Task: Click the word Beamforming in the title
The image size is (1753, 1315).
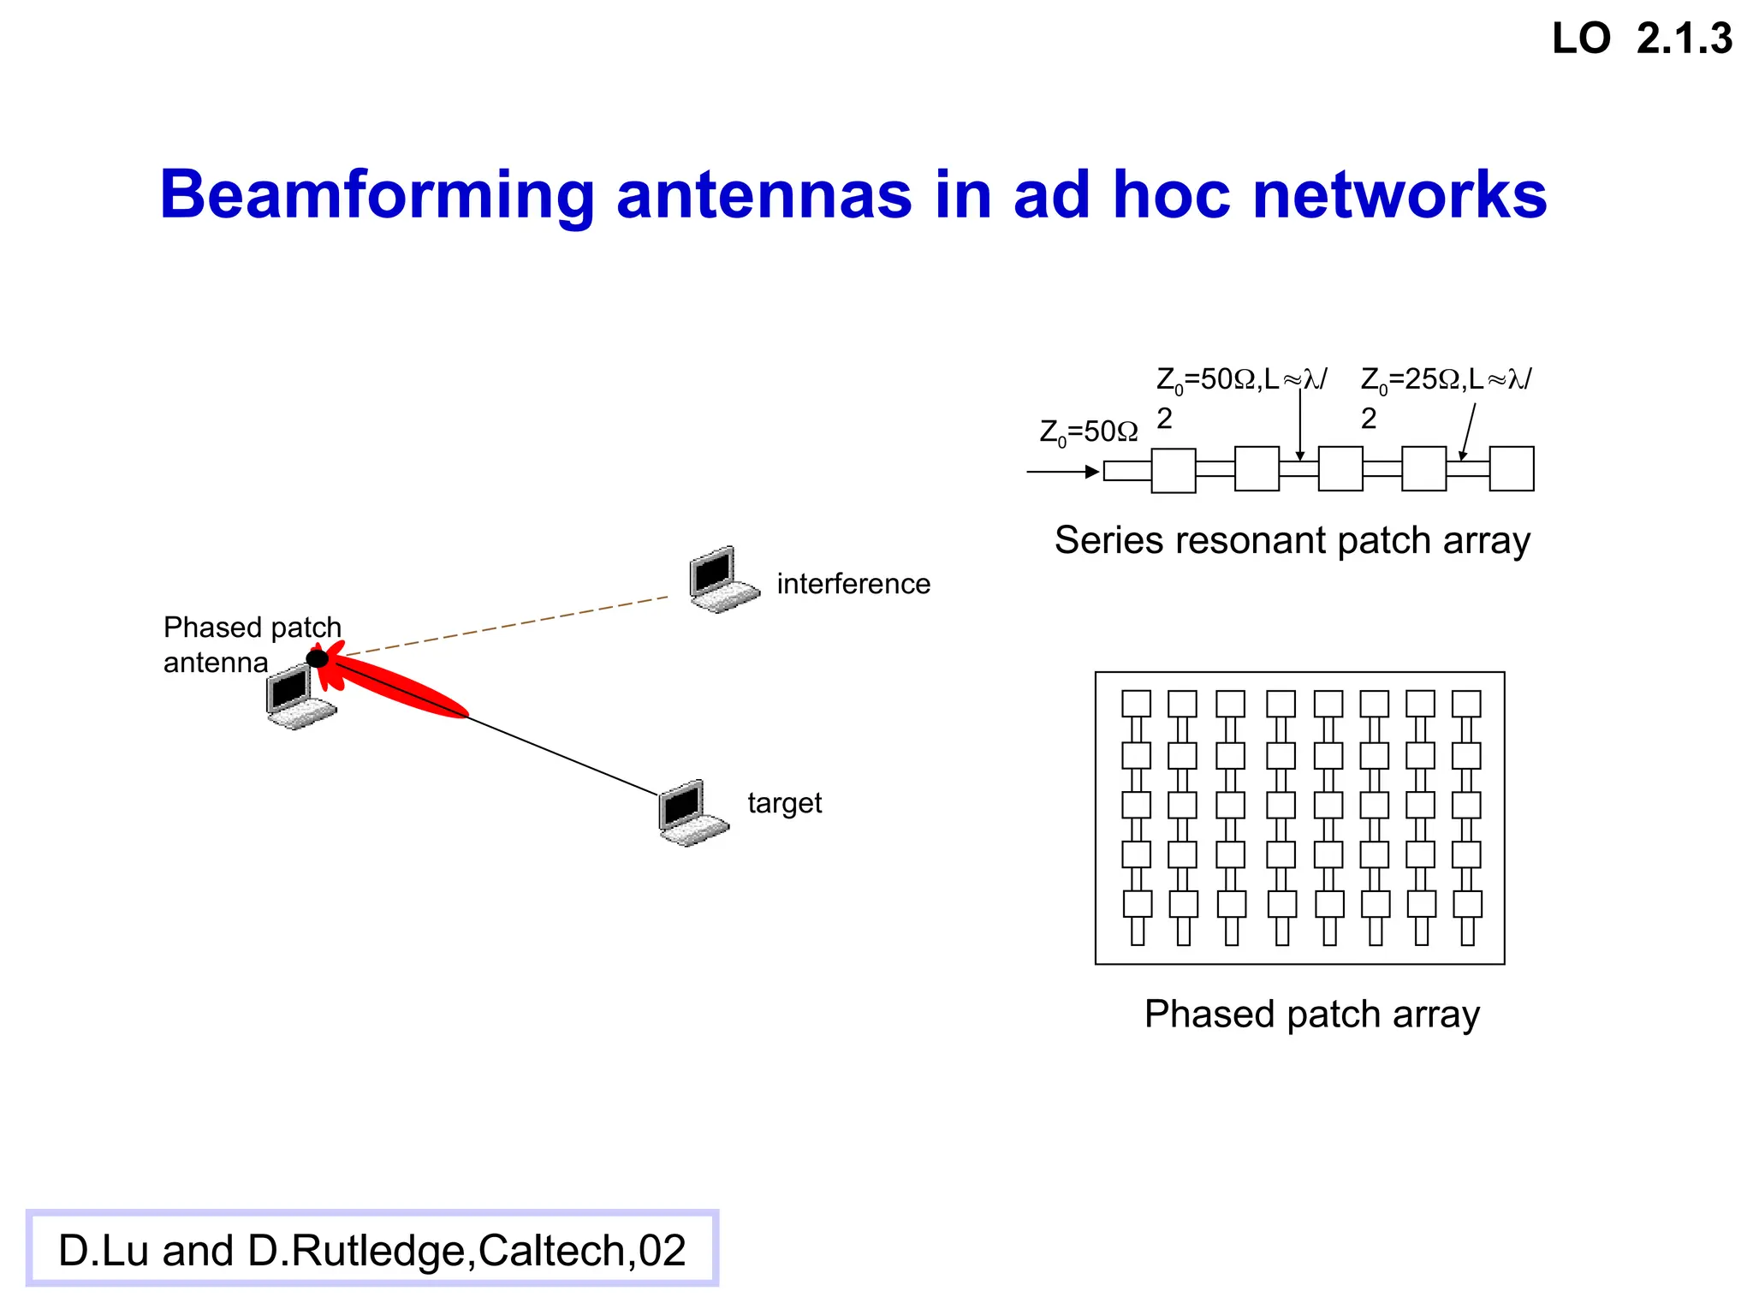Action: (x=377, y=195)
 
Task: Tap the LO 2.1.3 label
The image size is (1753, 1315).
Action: (x=1642, y=39)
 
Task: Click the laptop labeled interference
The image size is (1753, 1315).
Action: (x=722, y=579)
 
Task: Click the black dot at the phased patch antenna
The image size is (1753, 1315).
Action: (x=318, y=658)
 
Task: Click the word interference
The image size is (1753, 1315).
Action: (x=853, y=584)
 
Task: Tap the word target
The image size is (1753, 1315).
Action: (x=784, y=803)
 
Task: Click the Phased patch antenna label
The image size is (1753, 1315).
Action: (x=252, y=645)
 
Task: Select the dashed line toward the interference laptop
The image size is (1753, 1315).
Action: (x=505, y=627)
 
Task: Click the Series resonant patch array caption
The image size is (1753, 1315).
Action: (x=1292, y=540)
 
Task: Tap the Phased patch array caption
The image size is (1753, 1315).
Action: (x=1311, y=1015)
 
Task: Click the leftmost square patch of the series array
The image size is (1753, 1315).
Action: (x=1174, y=470)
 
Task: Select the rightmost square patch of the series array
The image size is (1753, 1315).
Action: (x=1511, y=468)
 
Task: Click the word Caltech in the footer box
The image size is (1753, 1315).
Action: (x=556, y=1251)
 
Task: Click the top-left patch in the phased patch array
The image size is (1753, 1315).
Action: (x=1137, y=704)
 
